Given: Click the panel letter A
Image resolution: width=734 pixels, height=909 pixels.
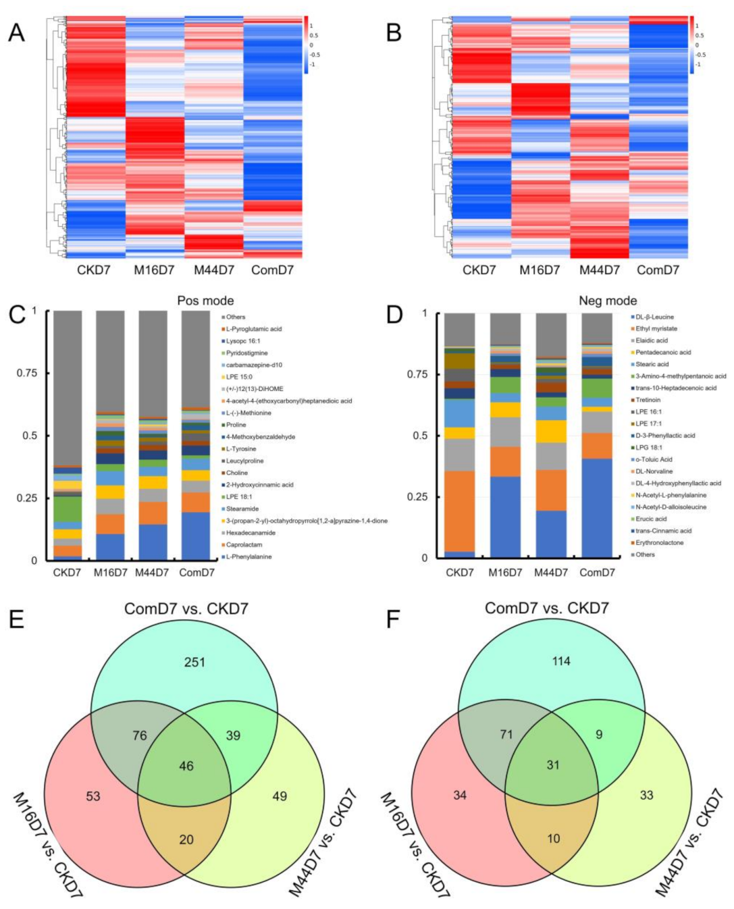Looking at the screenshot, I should tap(16, 32).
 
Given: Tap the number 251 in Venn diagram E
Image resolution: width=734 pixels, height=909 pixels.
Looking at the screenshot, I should tap(194, 663).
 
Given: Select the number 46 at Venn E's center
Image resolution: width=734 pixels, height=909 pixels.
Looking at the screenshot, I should tap(186, 766).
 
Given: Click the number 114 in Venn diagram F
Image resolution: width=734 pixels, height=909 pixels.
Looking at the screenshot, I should tap(561, 661).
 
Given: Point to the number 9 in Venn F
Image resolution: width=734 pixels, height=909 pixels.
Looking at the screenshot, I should tap(599, 734).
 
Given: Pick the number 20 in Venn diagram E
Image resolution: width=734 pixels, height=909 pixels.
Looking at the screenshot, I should tap(186, 839).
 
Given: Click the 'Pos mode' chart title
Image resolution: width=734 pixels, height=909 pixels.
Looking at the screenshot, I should tap(205, 301).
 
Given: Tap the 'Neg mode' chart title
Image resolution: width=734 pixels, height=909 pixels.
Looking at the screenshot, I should tap(608, 301).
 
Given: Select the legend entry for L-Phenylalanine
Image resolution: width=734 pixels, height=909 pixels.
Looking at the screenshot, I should tap(248, 556).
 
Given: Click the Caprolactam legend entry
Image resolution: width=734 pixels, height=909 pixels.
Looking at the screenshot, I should tap(244, 544).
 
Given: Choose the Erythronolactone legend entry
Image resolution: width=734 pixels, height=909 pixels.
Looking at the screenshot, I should tap(659, 542).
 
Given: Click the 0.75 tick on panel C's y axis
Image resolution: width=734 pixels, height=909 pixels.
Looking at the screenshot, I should tap(28, 373).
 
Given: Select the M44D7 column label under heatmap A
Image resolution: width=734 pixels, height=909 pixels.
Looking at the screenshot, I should tap(214, 270).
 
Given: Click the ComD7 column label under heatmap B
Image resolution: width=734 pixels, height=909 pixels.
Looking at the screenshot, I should tap(658, 270).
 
